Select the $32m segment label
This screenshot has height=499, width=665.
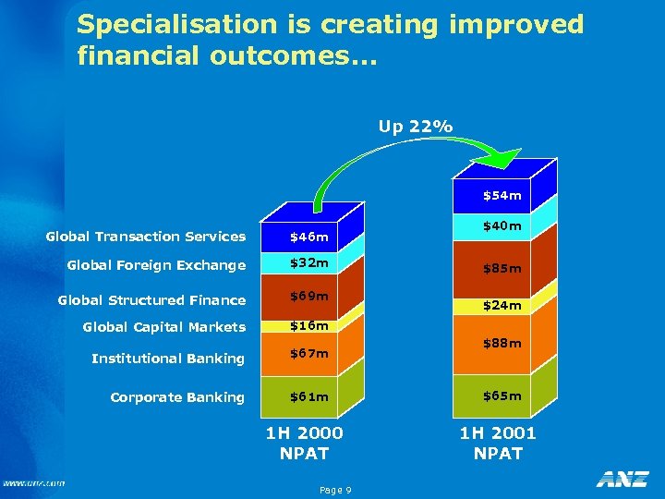308,263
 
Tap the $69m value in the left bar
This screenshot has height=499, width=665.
308,296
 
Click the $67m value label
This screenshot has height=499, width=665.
308,353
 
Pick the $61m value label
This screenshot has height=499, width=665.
308,397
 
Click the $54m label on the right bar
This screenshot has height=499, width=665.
502,195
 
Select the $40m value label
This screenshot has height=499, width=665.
502,225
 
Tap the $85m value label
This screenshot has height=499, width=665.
502,269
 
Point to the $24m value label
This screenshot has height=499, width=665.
502,305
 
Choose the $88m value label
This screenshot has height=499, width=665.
502,343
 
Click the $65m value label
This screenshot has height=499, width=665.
502,396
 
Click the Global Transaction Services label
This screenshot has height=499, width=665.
146,237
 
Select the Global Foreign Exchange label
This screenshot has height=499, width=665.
156,265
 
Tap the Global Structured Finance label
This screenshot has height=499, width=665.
151,299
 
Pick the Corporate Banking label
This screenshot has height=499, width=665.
177,397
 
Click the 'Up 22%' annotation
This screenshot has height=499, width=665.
416,127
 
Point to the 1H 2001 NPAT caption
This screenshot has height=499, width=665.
498,443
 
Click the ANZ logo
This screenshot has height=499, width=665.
622,479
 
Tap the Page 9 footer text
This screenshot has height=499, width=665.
334,490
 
